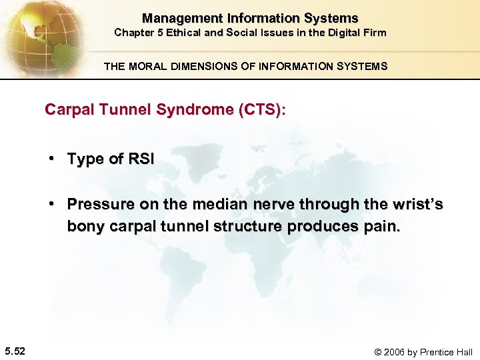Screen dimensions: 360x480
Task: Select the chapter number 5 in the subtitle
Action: click(x=157, y=32)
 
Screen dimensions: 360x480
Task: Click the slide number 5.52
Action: click(x=15, y=351)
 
